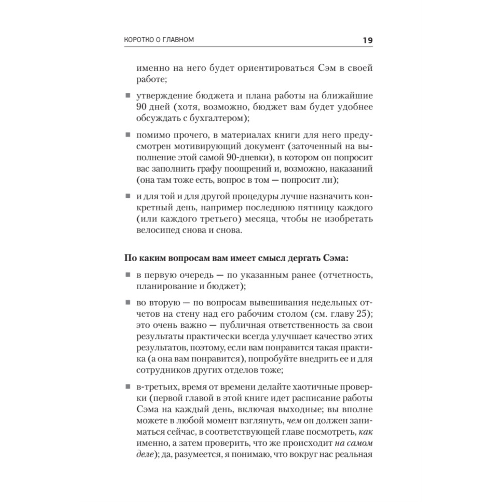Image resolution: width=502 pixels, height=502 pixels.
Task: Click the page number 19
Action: click(366, 40)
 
